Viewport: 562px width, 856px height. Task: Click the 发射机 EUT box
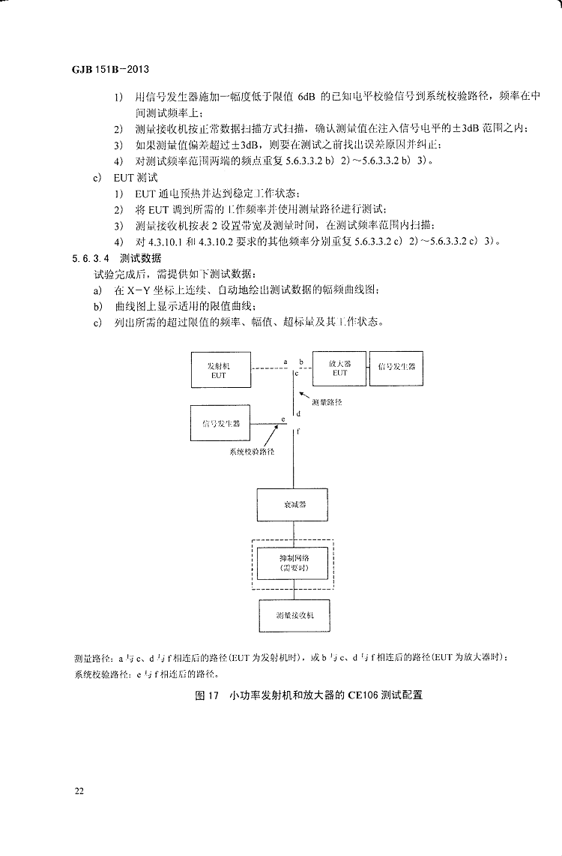click(x=219, y=369)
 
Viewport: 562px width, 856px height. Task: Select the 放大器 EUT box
click(x=339, y=368)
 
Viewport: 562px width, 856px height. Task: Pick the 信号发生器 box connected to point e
click(x=221, y=424)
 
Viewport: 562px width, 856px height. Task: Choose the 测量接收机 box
click(x=294, y=614)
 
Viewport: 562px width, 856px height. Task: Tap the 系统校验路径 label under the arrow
click(x=252, y=452)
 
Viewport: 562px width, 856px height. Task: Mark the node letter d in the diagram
click(x=300, y=413)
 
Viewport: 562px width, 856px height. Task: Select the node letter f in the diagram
click(x=300, y=431)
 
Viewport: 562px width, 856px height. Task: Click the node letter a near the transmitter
click(x=285, y=362)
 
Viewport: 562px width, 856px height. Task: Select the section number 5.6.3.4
click(x=91, y=257)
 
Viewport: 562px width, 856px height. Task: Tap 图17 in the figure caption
click(x=205, y=695)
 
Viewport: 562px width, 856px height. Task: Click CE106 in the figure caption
click(x=343, y=695)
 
